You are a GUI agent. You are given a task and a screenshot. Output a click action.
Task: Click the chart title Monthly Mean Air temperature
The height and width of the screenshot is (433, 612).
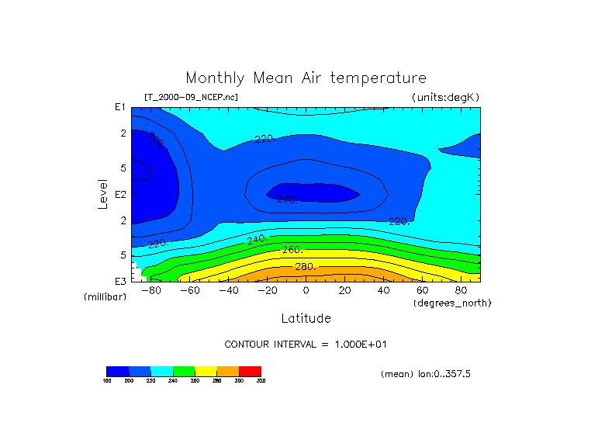pos(306,78)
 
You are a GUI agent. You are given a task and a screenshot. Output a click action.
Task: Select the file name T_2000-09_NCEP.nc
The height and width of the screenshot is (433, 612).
pos(191,97)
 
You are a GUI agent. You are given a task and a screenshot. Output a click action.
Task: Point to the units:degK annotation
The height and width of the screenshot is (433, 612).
pos(446,97)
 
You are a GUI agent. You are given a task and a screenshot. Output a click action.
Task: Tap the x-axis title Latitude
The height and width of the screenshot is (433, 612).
pos(306,318)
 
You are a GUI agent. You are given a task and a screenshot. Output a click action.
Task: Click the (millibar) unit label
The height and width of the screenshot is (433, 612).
pos(105,297)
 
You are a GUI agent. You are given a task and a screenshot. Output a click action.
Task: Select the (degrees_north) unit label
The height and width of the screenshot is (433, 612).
pos(452,303)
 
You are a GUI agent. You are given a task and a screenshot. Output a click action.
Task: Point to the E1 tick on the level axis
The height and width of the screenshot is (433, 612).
pos(120,107)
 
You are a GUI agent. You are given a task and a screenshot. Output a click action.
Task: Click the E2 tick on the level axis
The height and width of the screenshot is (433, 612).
pos(120,194)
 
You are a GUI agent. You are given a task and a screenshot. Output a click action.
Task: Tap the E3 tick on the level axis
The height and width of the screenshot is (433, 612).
pos(120,281)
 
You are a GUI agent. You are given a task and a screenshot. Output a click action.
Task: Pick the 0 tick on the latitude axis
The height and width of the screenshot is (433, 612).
pos(306,290)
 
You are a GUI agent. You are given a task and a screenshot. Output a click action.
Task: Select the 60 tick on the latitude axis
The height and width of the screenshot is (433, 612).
pos(422,290)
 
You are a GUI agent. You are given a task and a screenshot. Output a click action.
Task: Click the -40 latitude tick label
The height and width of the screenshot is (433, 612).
pos(228,290)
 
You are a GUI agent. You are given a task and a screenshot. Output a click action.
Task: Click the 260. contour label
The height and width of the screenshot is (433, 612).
pos(292,250)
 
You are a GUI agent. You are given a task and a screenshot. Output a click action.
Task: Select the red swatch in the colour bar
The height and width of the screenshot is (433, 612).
pos(250,371)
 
